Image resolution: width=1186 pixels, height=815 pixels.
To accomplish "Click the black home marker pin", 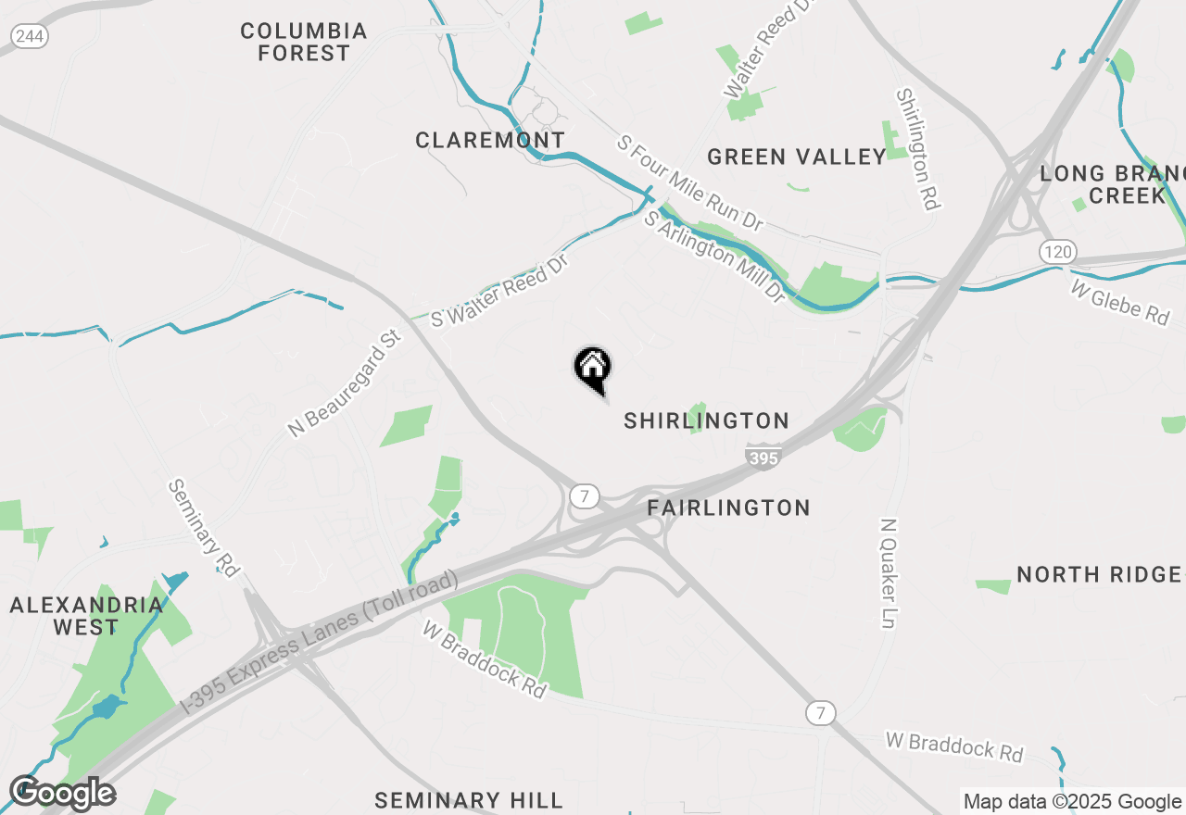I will point(592,369).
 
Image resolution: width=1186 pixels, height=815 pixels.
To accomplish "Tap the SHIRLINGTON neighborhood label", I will point(706,421).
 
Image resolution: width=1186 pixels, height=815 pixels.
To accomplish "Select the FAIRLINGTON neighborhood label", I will point(728,508).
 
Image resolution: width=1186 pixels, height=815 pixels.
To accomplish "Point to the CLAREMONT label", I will point(489,141).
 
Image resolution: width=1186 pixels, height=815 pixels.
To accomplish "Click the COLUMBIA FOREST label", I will point(304,43).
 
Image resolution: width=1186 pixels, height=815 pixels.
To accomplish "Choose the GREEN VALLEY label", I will point(797,157).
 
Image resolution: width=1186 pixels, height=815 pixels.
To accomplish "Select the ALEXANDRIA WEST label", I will point(86,616).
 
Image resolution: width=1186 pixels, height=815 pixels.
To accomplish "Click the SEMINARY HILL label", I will point(468,800).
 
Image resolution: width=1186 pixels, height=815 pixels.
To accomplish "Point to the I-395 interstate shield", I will point(763,457).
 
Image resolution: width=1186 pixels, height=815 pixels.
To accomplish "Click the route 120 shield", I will point(1056,251).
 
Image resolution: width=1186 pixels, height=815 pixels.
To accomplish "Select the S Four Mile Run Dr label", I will point(690,183).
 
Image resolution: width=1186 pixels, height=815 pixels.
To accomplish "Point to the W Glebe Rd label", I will point(1119,302).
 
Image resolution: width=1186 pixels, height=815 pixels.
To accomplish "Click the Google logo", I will point(62,794).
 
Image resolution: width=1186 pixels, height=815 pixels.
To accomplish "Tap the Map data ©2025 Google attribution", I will point(1072,802).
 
